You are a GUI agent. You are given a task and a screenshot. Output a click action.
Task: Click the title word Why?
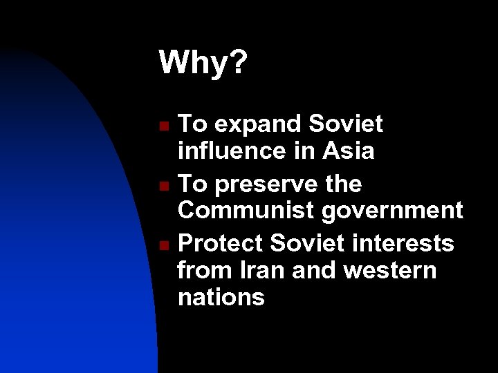[203, 64]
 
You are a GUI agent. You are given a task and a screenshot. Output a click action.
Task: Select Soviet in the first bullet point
[346, 124]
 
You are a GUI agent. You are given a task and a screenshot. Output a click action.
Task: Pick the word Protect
[221, 244]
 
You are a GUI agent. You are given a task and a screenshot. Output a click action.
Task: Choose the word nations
[221, 296]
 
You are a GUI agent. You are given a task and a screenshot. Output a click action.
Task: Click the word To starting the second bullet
[192, 184]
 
